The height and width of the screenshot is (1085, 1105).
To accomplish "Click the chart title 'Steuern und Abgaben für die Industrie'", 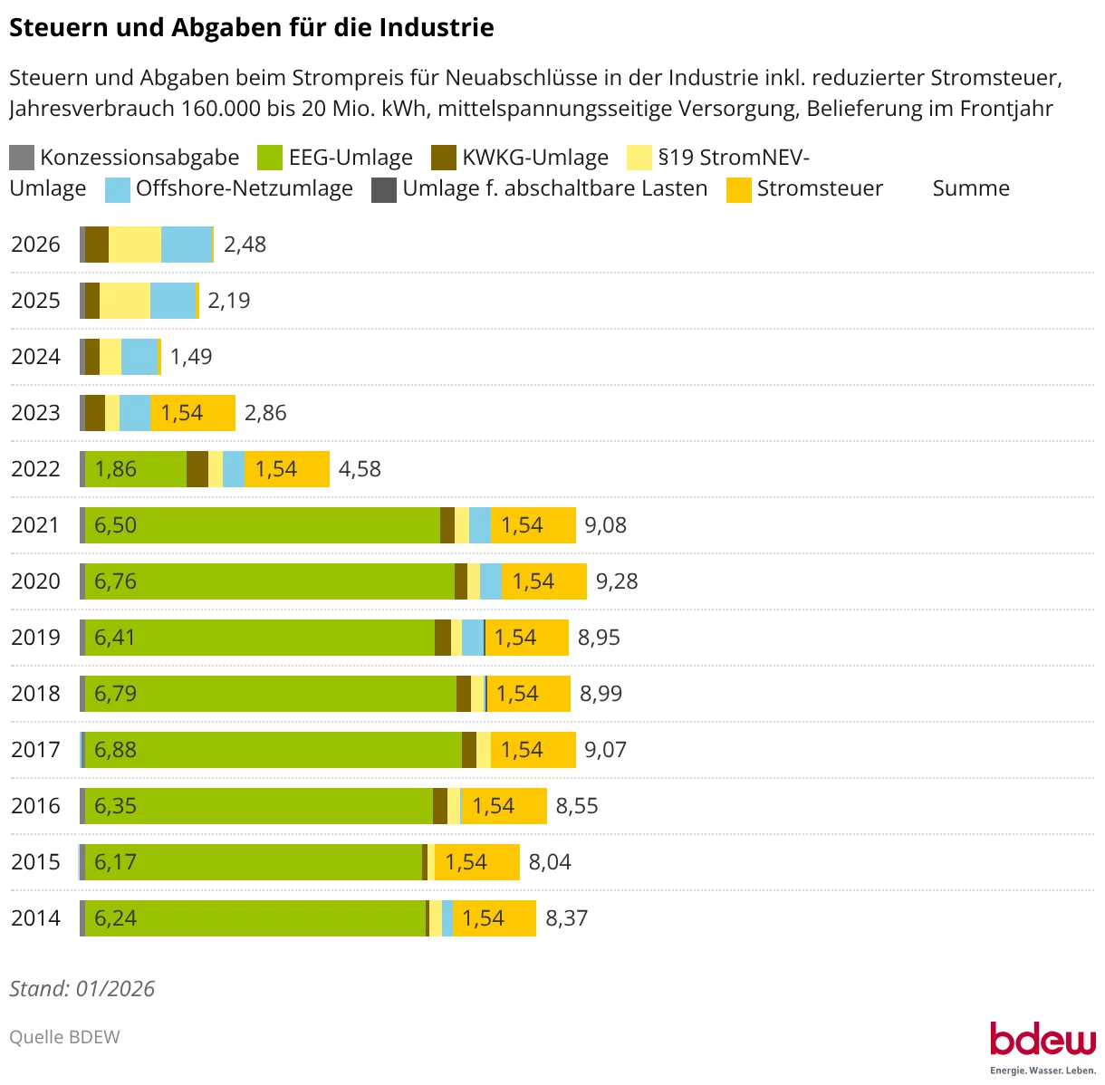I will [251, 28].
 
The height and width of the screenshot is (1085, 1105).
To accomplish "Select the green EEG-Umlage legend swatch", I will [270, 158].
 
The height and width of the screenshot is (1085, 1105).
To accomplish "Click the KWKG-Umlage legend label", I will [534, 158].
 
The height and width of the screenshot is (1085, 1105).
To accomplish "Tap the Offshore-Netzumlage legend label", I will [244, 188].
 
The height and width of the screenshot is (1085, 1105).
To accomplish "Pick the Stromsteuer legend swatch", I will [739, 189].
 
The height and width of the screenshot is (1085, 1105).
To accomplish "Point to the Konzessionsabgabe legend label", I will [139, 158].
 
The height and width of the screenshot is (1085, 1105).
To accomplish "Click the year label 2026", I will [35, 245].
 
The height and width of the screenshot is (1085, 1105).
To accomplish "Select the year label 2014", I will [35, 918].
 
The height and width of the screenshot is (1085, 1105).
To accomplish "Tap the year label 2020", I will [35, 581].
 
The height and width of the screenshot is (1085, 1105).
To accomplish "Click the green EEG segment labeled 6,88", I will [273, 750].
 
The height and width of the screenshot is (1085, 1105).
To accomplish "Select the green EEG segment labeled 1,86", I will [136, 469].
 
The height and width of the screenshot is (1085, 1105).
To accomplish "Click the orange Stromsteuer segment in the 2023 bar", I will [193, 413].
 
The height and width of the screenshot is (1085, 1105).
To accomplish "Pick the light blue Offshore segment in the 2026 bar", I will [186, 245].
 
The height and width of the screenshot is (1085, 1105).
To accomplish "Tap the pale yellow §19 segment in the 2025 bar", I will [125, 301].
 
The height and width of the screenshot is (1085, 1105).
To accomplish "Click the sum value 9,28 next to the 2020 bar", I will [617, 581].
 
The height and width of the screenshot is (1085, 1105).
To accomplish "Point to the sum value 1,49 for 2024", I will [191, 357].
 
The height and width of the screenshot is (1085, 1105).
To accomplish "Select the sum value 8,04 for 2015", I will [550, 862].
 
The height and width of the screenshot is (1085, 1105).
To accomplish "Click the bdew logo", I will [1042, 1042].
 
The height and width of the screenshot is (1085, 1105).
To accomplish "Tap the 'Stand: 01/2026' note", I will [82, 988].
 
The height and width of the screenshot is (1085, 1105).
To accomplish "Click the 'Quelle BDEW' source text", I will [64, 1037].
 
